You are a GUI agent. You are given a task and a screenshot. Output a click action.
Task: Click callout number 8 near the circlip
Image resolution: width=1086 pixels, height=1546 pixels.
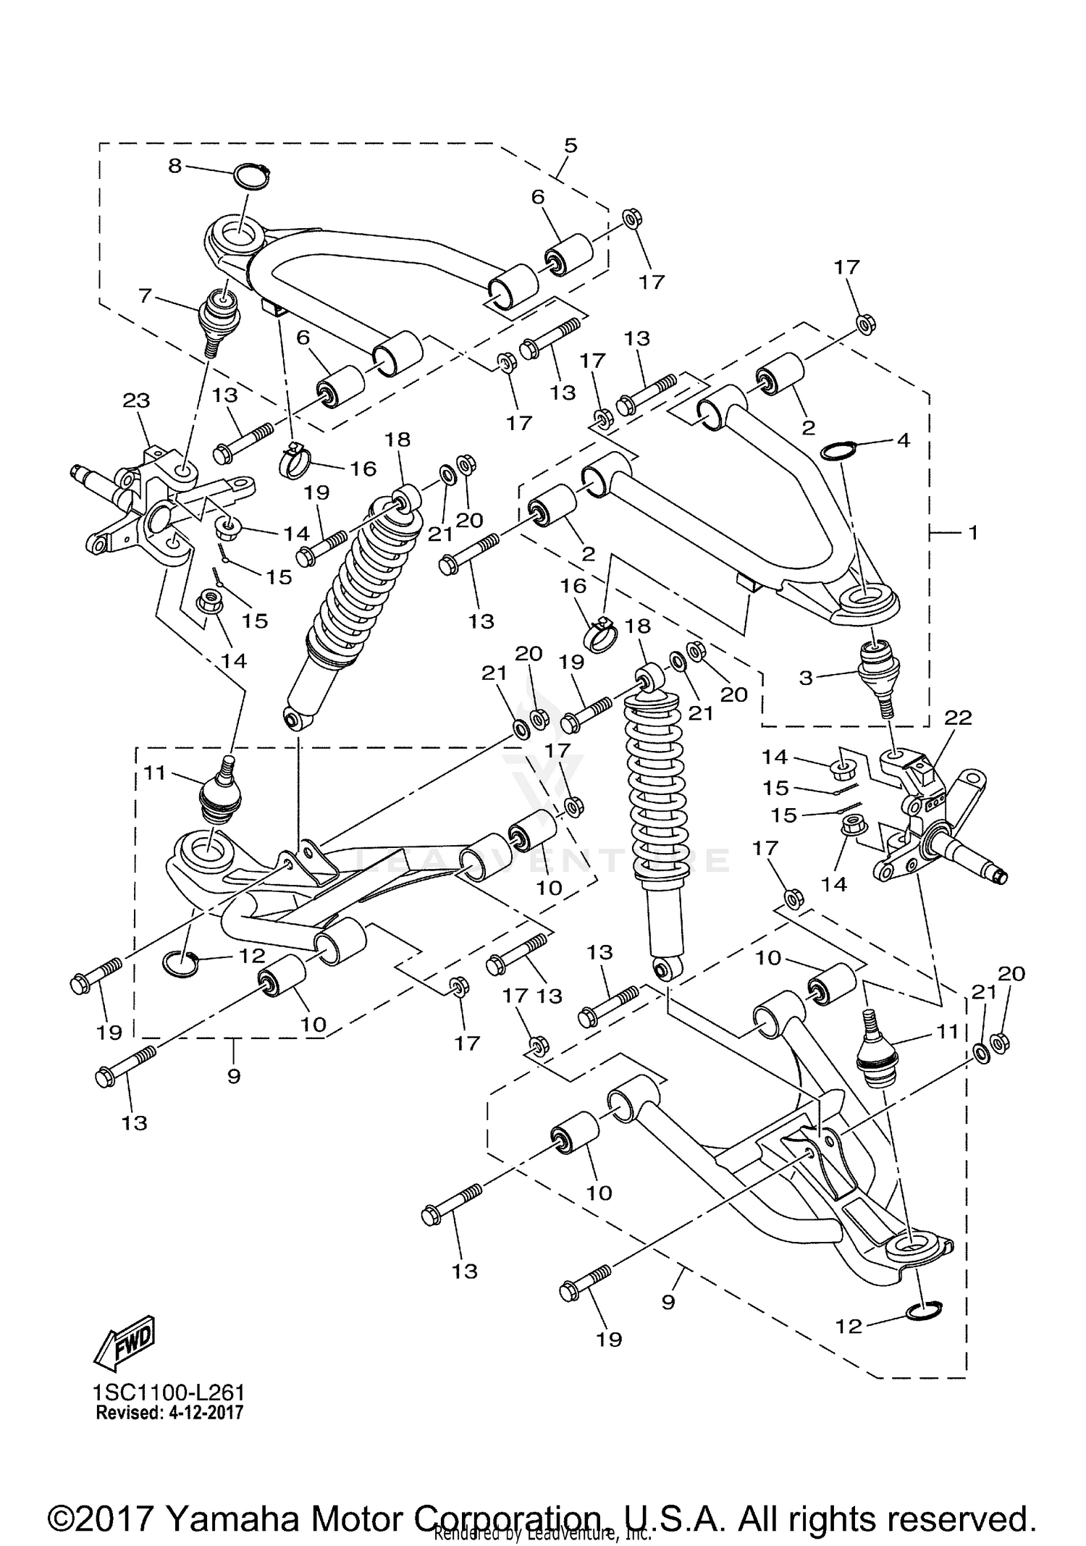point(174,167)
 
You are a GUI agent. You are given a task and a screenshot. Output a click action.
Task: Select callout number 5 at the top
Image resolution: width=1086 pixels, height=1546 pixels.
point(571,145)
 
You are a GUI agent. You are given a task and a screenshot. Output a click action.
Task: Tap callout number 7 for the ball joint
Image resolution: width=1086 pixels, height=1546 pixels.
point(144,295)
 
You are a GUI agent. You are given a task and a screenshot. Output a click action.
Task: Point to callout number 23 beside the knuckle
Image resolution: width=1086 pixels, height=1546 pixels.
point(136,400)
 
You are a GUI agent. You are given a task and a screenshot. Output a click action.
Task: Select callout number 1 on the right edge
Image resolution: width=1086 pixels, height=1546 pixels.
point(973,532)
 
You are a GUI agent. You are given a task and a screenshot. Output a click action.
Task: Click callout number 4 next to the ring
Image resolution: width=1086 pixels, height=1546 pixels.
point(903,440)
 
